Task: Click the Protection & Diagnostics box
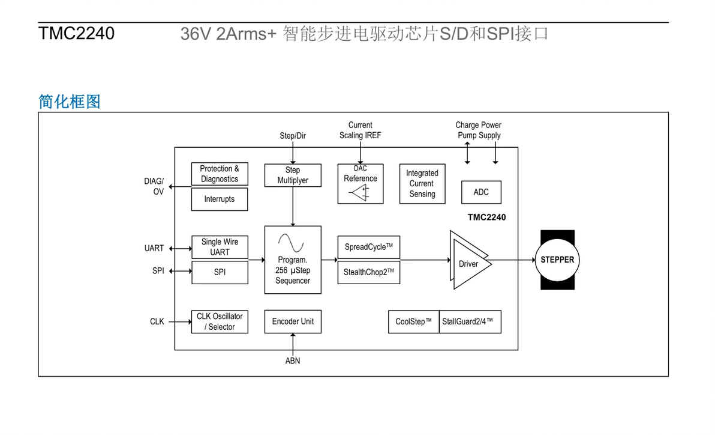click(x=219, y=174)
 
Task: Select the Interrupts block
click(x=219, y=199)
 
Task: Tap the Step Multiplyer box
click(x=292, y=175)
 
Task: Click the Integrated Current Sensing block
click(x=422, y=184)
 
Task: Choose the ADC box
click(x=481, y=192)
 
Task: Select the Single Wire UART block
click(x=220, y=247)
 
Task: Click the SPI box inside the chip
click(x=220, y=272)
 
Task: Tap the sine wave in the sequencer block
click(x=292, y=243)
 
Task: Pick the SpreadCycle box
click(x=368, y=247)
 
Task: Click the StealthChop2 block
click(x=368, y=272)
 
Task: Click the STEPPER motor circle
click(x=557, y=260)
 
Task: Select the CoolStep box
click(x=413, y=321)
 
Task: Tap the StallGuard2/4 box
click(x=470, y=321)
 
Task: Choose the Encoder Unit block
click(x=293, y=321)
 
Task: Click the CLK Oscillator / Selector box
click(x=220, y=321)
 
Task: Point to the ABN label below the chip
click(x=293, y=361)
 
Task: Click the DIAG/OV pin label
click(x=154, y=186)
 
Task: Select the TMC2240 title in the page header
click(x=76, y=34)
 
